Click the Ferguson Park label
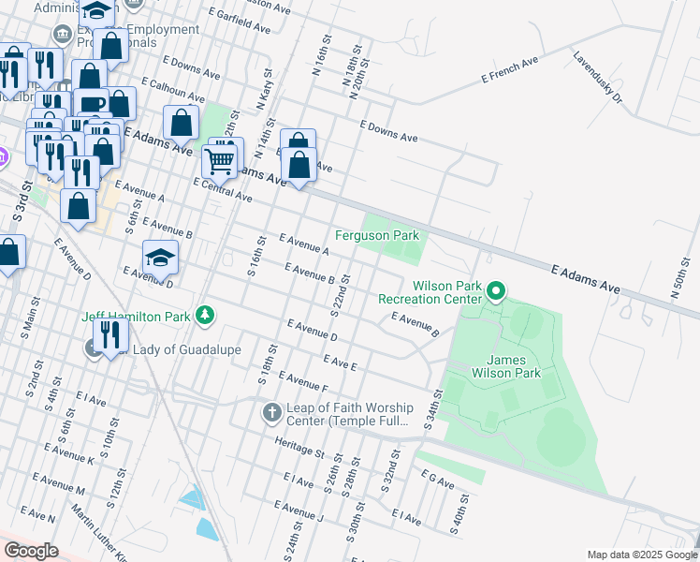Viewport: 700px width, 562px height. pyautogui.click(x=377, y=235)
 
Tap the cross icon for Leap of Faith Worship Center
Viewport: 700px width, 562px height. pyautogui.click(x=271, y=413)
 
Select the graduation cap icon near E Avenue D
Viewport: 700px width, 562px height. pyautogui.click(x=160, y=258)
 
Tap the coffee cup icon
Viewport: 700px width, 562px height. pyautogui.click(x=94, y=104)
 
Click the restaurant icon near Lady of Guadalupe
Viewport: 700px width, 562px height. pyautogui.click(x=111, y=334)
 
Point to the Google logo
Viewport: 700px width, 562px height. pyautogui.click(x=31, y=552)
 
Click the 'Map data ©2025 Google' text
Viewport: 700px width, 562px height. pyautogui.click(x=641, y=555)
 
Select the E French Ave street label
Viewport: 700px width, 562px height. pyautogui.click(x=510, y=70)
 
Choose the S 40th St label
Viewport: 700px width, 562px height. pyautogui.click(x=458, y=518)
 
